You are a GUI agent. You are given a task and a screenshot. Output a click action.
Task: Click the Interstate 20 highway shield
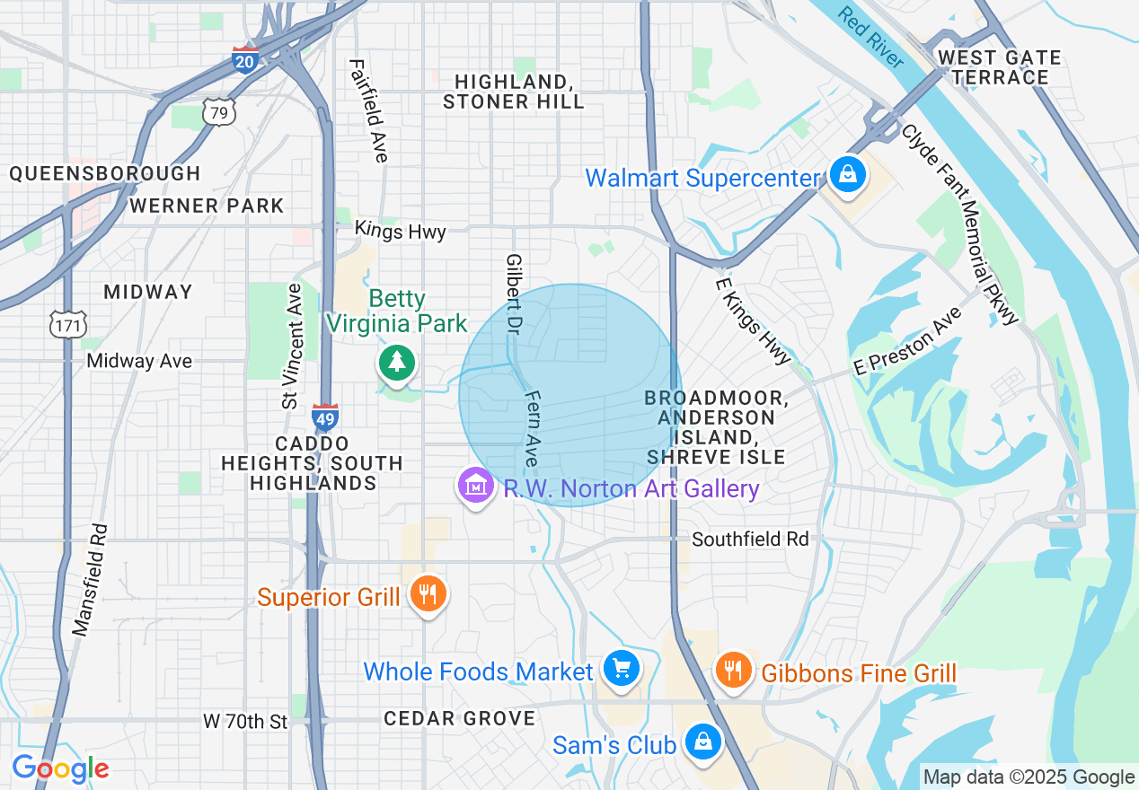click(244, 59)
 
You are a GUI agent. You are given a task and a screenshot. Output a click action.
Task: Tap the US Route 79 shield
click(218, 111)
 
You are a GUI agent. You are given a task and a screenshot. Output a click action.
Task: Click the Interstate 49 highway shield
click(325, 417)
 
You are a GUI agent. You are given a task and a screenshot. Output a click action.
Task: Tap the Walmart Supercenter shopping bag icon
click(847, 176)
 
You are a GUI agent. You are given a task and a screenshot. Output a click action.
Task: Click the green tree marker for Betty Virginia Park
click(397, 363)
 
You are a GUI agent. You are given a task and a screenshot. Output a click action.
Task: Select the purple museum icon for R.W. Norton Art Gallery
click(476, 487)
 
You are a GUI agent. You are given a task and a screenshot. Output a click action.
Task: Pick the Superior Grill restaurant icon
click(428, 594)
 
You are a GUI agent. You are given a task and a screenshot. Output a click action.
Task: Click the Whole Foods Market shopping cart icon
click(620, 670)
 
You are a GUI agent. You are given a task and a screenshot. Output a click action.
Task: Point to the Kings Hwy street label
click(400, 231)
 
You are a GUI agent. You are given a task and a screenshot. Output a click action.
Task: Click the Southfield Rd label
click(750, 539)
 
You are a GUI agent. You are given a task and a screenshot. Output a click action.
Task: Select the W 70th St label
click(244, 721)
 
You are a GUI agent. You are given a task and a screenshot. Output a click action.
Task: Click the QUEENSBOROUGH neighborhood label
click(105, 173)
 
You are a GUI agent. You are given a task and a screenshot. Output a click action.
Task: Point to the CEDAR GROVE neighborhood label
click(459, 718)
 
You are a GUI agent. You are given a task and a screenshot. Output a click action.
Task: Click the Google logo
click(60, 768)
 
